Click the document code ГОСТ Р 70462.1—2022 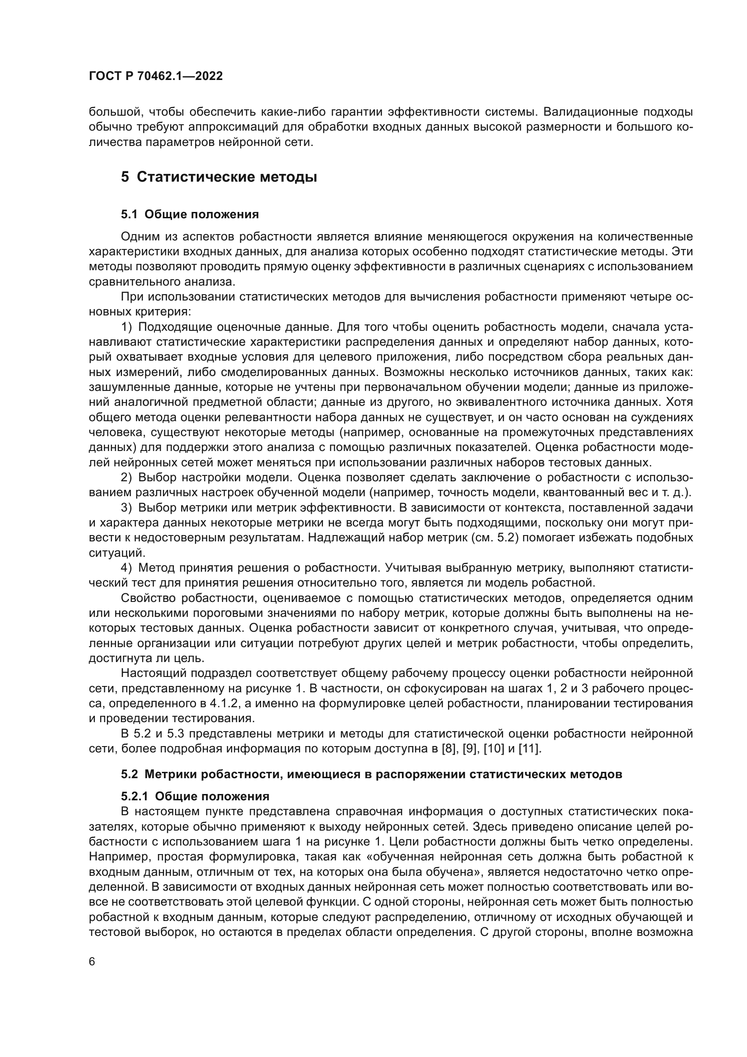(x=155, y=76)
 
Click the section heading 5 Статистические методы (x=219, y=177)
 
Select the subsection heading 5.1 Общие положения (x=190, y=214)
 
